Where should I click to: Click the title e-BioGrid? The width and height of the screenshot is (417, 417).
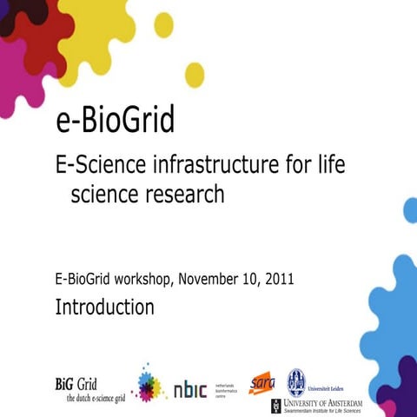point(115,120)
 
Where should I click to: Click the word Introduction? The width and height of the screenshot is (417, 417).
point(105,307)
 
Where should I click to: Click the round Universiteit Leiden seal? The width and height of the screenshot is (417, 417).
point(297,381)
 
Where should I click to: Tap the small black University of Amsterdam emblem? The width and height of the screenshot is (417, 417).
point(276,405)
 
